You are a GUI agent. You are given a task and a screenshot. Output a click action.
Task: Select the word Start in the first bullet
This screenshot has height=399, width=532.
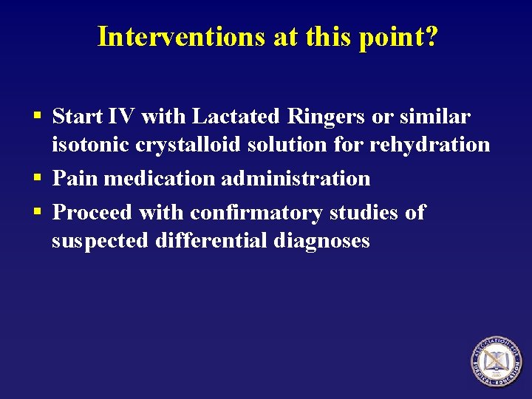pos(78,117)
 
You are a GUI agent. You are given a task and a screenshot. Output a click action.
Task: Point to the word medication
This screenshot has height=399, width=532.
pos(157,179)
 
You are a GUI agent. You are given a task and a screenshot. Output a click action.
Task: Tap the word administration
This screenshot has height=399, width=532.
pos(296,179)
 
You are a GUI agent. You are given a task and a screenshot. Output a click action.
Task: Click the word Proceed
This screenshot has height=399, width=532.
pos(93,213)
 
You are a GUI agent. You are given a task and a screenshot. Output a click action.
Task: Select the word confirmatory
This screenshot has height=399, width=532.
pos(255,213)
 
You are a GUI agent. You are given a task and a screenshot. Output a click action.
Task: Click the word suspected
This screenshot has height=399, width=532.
pos(100,241)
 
